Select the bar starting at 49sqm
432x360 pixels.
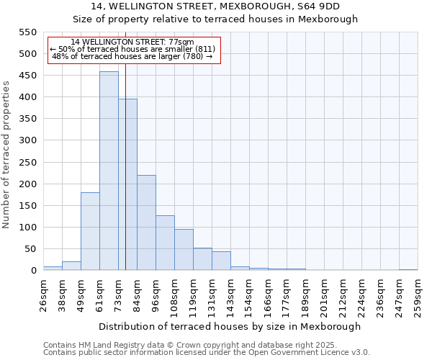click(x=90, y=231)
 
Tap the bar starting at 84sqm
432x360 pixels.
click(x=146, y=222)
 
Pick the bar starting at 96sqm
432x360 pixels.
click(x=165, y=243)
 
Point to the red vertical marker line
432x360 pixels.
click(x=125, y=180)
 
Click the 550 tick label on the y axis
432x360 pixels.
click(x=27, y=32)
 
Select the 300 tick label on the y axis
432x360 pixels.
click(x=27, y=140)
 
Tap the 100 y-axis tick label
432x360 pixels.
click(x=27, y=228)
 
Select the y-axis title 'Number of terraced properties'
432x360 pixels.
click(x=6, y=155)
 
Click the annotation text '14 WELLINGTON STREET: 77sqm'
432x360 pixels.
click(x=132, y=42)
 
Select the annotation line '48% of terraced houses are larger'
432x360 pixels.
click(x=132, y=56)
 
